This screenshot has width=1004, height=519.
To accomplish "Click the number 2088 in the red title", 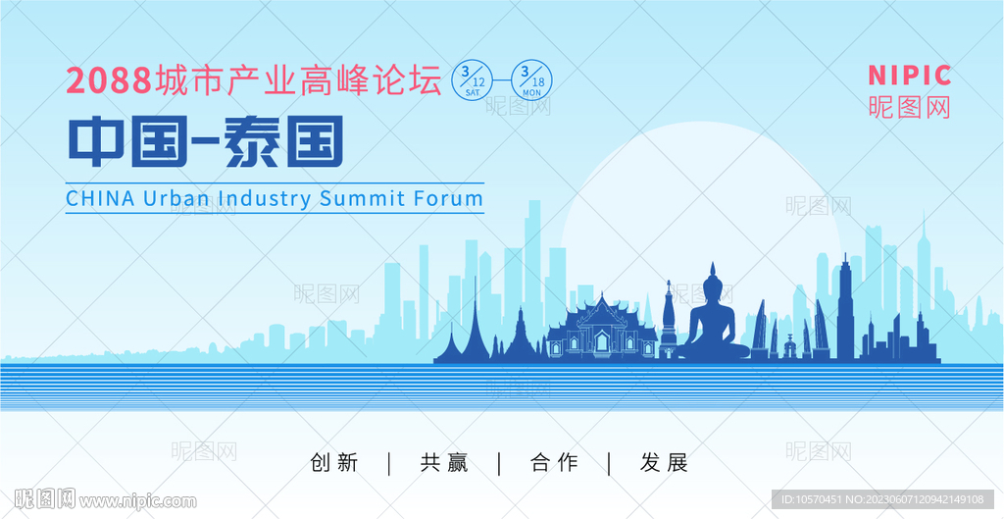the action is point(109,81).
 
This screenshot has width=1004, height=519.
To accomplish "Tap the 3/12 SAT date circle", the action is point(474,80).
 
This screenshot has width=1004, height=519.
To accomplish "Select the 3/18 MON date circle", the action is point(530,80).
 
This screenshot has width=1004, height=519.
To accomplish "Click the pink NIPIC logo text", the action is point(909,76).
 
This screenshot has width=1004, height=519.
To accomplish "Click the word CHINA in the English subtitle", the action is point(101,197).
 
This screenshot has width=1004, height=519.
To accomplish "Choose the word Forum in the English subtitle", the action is point(450,197).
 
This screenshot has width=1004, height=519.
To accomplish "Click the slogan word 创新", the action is point(334,463).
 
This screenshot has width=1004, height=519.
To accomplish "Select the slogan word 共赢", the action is point(444,463).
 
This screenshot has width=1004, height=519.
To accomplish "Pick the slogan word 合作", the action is point(555,463).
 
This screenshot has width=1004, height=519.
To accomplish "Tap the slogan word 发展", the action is point(664,463).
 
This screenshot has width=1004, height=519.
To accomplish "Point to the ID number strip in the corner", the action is point(883,499).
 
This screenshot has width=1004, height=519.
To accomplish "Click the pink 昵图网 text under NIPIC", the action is point(909,106).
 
